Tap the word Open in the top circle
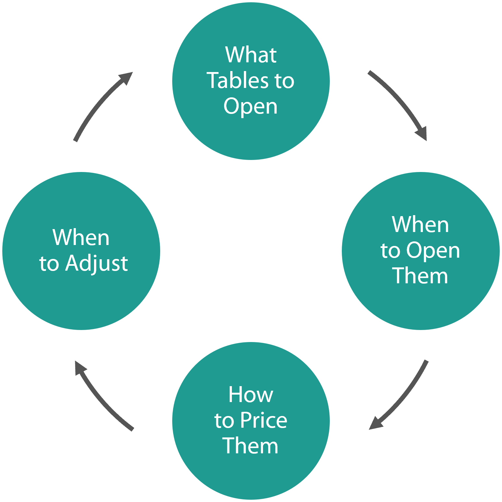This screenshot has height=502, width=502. point(251,106)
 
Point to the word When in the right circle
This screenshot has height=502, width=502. point(420,224)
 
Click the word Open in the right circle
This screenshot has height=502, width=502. point(433,251)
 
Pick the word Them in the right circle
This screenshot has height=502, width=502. point(420,276)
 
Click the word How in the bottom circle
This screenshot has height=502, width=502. point(251,395)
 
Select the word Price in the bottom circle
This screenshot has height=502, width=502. point(263,420)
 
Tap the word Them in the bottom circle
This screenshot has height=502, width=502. point(251,446)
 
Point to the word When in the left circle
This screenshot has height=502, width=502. point(81,237)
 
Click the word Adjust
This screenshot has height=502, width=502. point(96,263)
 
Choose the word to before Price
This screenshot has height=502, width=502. point(224,421)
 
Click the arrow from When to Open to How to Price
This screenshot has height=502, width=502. point(402,398)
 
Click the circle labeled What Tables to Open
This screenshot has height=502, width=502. point(251,136)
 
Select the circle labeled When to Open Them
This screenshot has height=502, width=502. point(420,305)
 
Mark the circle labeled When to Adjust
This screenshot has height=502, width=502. point(81,299)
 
